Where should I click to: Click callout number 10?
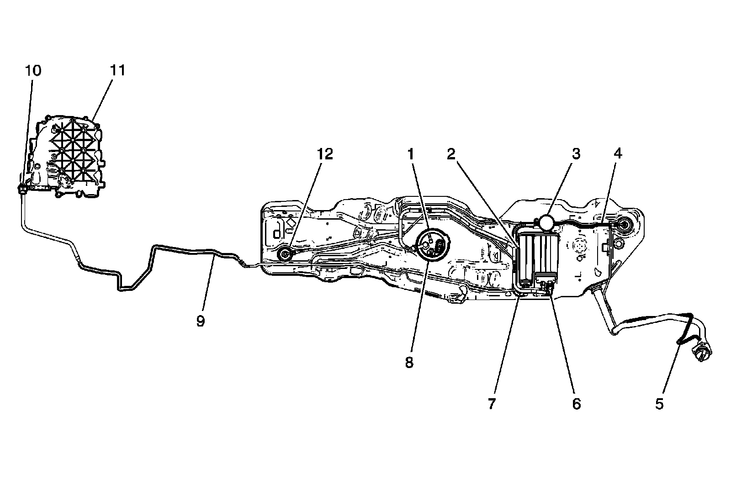click(x=33, y=71)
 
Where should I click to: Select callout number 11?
click(x=117, y=71)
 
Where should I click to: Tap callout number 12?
click(x=326, y=154)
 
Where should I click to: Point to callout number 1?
click(x=412, y=154)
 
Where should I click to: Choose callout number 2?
click(x=451, y=154)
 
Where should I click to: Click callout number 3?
click(x=576, y=154)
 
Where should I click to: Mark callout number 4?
click(x=618, y=154)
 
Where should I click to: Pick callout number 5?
click(x=659, y=404)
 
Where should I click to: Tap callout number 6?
click(x=576, y=404)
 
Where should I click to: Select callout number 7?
click(x=492, y=404)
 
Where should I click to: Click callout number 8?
click(x=409, y=363)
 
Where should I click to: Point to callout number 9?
click(x=201, y=321)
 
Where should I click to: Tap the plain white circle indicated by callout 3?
click(x=546, y=222)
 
